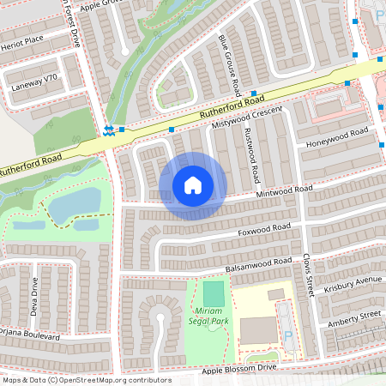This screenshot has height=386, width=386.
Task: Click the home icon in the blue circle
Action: (x=193, y=185)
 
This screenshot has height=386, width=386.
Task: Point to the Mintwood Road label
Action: (x=285, y=192)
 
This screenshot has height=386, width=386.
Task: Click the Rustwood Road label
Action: (x=250, y=154)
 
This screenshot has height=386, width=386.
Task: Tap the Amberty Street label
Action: (x=353, y=319)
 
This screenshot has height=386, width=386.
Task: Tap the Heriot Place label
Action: (x=22, y=40)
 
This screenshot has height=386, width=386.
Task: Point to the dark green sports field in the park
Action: (x=213, y=294)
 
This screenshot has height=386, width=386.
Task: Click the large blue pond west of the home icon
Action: (x=75, y=203)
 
